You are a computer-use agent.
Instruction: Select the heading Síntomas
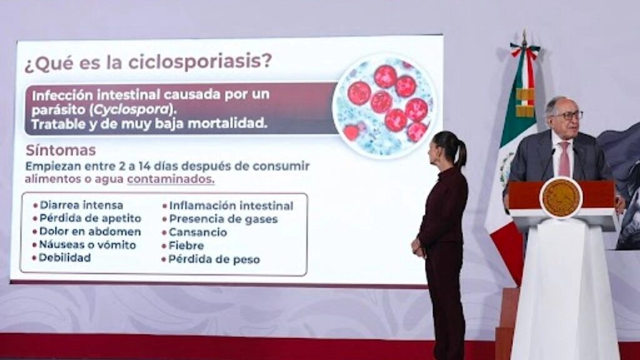61,150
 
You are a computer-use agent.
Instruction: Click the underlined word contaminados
170,179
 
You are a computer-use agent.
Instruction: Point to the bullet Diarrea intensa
81,205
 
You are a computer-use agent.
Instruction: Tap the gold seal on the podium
561,198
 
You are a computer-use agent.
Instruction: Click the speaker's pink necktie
564,159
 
